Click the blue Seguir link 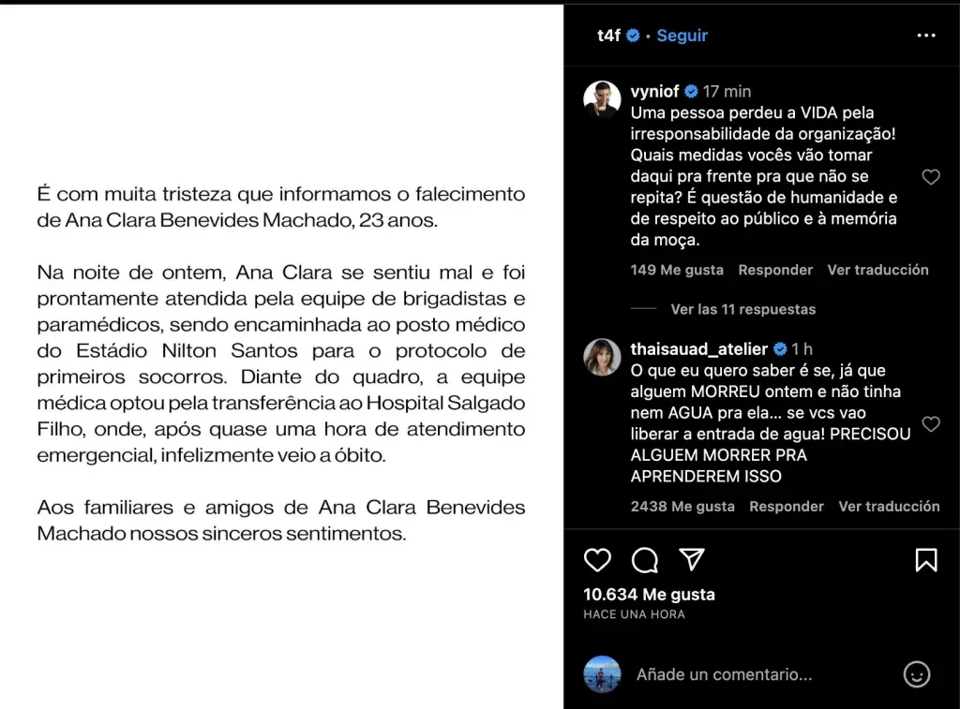click(x=682, y=36)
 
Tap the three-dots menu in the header click(x=926, y=36)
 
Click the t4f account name click(x=608, y=36)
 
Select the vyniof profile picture click(x=602, y=99)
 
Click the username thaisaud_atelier click(x=699, y=349)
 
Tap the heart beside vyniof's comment click(x=931, y=177)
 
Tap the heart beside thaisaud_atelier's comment click(x=931, y=424)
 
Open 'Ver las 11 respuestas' click(x=742, y=309)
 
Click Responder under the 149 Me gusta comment click(x=775, y=270)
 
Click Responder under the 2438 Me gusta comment click(x=787, y=506)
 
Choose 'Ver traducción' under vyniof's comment click(x=877, y=270)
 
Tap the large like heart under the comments click(x=597, y=560)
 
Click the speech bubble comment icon click(x=645, y=560)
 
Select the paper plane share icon click(x=692, y=560)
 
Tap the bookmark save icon click(x=926, y=560)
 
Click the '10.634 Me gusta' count click(x=649, y=594)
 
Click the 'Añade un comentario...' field click(x=724, y=674)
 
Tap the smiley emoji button click(x=917, y=674)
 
